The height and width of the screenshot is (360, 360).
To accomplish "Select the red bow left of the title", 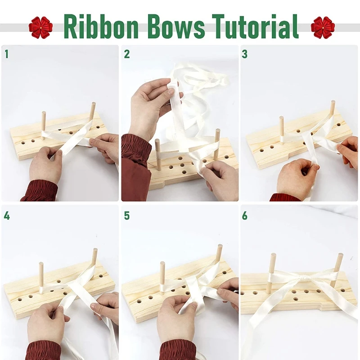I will point(40,27).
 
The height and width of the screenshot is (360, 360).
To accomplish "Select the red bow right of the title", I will point(323,27).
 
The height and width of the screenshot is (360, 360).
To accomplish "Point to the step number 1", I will point(7,54).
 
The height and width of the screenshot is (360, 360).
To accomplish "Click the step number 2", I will point(127,54).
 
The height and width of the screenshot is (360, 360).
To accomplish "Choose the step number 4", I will point(7,216).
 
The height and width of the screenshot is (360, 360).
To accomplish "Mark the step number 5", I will point(127,216).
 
